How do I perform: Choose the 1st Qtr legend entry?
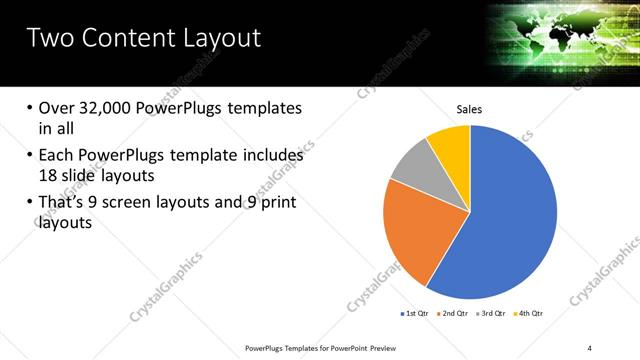(x=415, y=314)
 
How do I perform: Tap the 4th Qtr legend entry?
(x=527, y=314)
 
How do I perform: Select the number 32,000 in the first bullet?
(x=110, y=108)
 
